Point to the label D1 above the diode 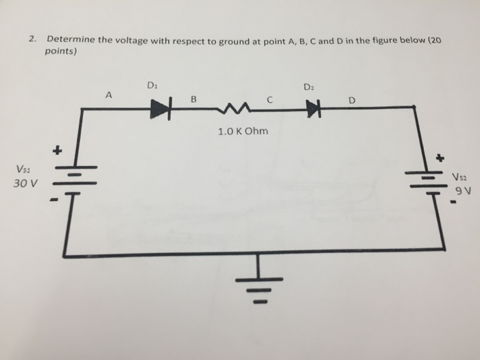[x=152, y=85]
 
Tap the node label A [x=108, y=95]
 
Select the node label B [x=193, y=99]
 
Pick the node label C [x=270, y=99]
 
